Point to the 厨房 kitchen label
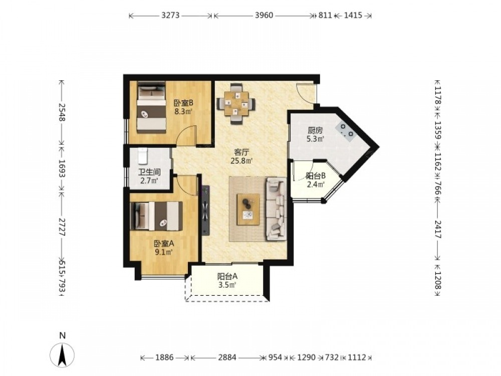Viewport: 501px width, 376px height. [x=315, y=130]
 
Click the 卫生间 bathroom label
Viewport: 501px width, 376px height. [x=149, y=172]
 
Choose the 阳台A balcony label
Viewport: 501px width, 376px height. [x=227, y=276]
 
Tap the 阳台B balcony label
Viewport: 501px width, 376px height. [x=316, y=176]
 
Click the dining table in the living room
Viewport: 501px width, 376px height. [x=236, y=104]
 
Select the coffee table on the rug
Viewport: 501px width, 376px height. [x=248, y=210]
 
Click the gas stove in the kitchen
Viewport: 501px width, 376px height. [x=345, y=131]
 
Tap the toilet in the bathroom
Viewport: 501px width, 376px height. [x=142, y=156]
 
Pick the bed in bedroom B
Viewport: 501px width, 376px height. [x=151, y=107]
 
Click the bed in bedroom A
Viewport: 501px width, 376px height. [x=156, y=216]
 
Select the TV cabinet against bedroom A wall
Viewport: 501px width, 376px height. [x=205, y=210]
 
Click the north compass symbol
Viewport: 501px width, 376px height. [x=62, y=354]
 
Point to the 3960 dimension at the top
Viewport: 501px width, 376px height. [x=264, y=15]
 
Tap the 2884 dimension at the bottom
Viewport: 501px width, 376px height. [x=227, y=357]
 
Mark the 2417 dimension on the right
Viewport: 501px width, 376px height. [x=438, y=230]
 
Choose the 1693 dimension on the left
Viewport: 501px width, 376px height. [x=62, y=168]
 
